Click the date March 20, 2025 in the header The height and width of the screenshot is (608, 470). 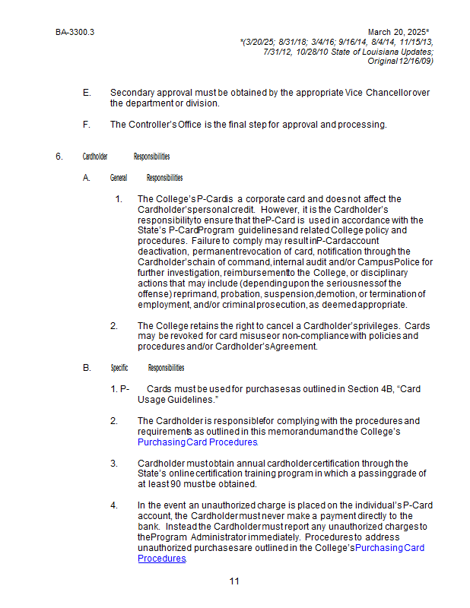click(398, 33)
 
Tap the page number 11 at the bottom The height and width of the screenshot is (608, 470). click(234, 581)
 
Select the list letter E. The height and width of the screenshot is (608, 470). click(86, 93)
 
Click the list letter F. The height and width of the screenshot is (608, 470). click(86, 125)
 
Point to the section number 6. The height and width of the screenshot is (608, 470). click(59, 157)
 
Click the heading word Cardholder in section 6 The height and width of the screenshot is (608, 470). click(95, 157)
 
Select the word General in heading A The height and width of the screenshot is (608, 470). click(119, 178)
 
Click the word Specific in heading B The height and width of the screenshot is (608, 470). click(119, 368)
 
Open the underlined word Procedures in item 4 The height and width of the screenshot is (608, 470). click(162, 558)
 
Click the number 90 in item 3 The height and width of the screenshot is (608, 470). click(176, 484)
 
